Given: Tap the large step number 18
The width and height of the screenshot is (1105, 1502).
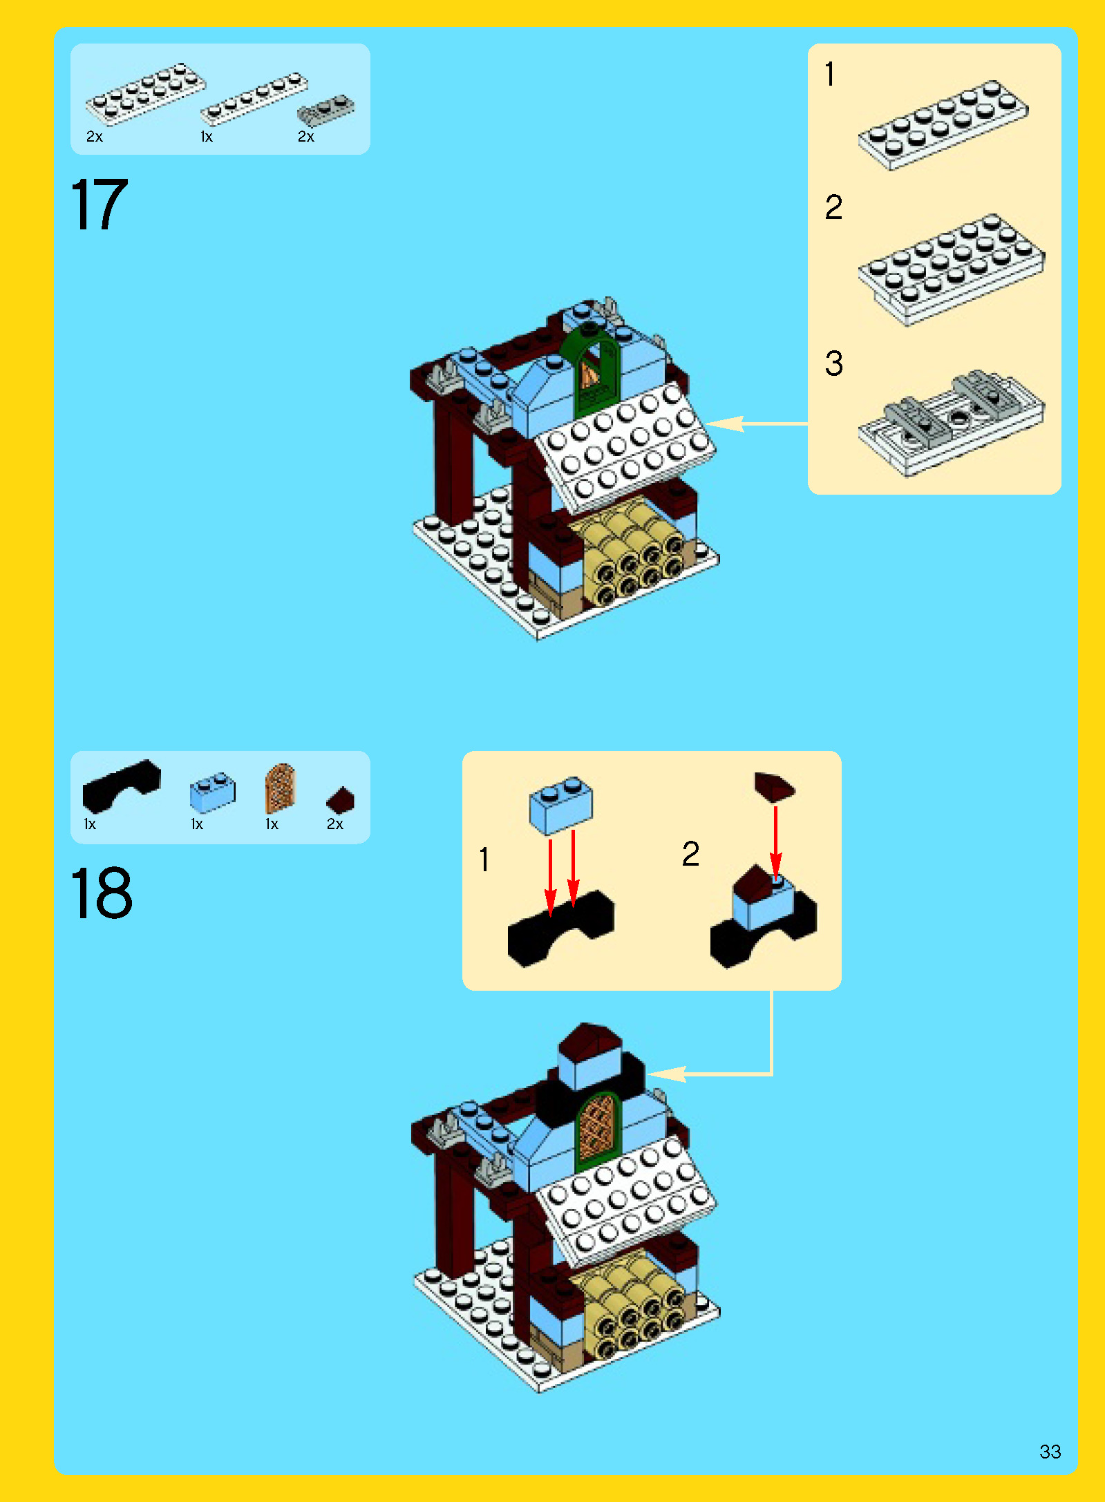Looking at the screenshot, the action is [102, 893].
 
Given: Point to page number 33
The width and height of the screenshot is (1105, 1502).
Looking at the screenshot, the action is [1050, 1451].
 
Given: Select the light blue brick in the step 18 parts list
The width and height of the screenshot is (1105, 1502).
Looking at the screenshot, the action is [213, 792].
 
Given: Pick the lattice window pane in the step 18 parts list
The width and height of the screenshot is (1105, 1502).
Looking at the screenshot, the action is [280, 788].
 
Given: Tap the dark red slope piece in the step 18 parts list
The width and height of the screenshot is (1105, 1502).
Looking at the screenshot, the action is [340, 800].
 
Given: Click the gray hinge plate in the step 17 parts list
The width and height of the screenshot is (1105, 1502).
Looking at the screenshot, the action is [325, 111].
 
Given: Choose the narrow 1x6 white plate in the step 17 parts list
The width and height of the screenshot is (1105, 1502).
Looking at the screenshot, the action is [254, 99].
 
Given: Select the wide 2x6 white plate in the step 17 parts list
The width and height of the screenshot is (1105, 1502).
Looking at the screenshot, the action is [145, 93].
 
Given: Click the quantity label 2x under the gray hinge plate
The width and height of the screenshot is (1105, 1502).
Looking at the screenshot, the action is [305, 137].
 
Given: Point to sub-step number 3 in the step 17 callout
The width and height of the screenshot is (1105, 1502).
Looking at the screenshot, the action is [834, 363].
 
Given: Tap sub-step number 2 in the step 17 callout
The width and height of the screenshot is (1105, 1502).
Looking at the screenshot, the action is [834, 207].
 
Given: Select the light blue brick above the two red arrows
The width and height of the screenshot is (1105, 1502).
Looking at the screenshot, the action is [561, 805].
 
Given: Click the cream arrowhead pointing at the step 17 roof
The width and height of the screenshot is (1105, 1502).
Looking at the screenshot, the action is [724, 424].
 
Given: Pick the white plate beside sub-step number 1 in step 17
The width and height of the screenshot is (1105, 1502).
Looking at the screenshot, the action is [943, 125].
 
